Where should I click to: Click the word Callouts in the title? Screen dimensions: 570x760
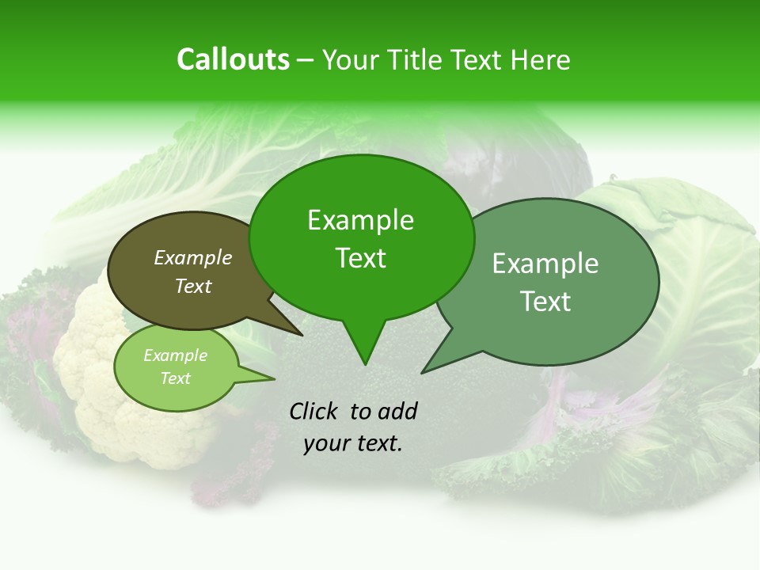click(x=233, y=59)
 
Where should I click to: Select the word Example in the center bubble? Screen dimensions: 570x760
click(x=360, y=220)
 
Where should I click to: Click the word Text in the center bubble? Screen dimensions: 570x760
click(x=360, y=258)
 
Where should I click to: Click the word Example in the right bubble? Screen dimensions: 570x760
click(x=545, y=264)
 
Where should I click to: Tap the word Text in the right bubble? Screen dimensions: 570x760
click(x=545, y=302)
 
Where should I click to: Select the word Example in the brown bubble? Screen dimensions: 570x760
click(x=193, y=257)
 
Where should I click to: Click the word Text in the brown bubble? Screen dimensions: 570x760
click(x=193, y=286)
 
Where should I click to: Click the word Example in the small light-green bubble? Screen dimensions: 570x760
click(x=175, y=355)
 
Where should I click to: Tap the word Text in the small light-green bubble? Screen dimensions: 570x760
click(x=175, y=378)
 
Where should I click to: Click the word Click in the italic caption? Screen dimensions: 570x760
click(x=315, y=411)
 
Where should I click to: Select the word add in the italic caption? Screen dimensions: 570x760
click(x=398, y=411)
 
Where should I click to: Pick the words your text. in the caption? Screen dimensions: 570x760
click(x=353, y=444)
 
